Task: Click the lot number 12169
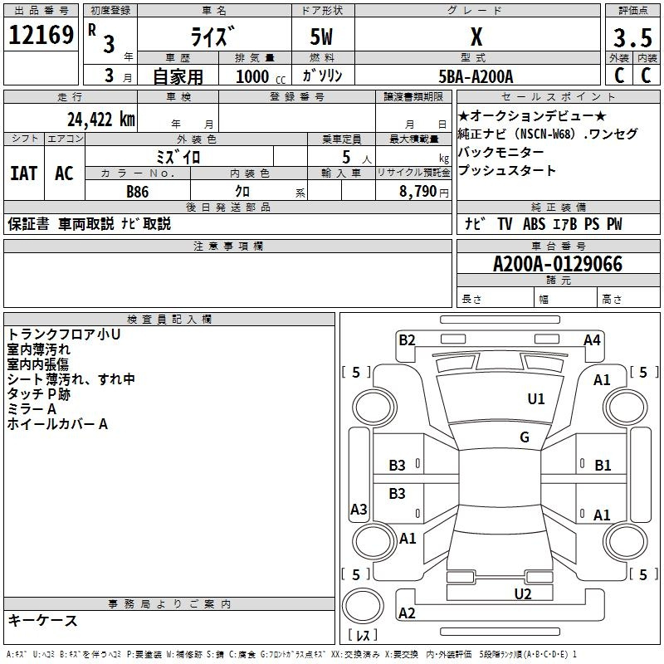(x=41, y=34)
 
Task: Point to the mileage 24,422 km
(x=100, y=120)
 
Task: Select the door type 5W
(x=322, y=37)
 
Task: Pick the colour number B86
(x=138, y=192)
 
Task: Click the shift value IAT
(x=23, y=173)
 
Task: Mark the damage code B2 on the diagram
(x=407, y=339)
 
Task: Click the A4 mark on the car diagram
(x=592, y=339)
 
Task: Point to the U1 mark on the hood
(x=536, y=399)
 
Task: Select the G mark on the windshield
(x=524, y=437)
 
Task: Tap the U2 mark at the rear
(x=522, y=593)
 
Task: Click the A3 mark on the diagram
(x=359, y=510)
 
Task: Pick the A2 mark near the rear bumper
(x=407, y=613)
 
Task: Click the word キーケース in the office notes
(x=42, y=621)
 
